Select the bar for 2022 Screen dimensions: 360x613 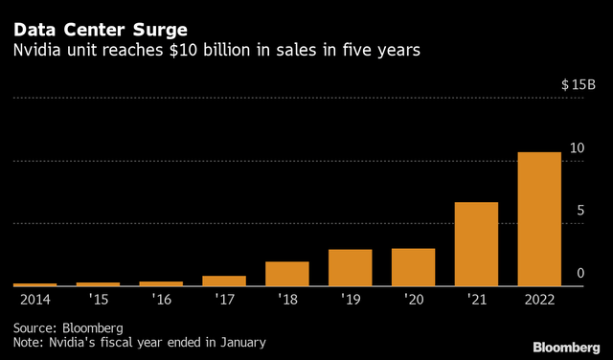[539, 219]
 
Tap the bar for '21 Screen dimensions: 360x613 [476, 244]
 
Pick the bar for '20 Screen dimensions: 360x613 [413, 267]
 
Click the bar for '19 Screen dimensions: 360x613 [350, 267]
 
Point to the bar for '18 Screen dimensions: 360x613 [286, 274]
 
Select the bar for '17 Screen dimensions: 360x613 [223, 281]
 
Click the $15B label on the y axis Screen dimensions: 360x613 [578, 85]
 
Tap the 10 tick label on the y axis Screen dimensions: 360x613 [577, 148]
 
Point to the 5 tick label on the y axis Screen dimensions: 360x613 [579, 211]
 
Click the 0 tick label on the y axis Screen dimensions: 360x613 [579, 274]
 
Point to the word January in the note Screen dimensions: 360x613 [239, 341]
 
